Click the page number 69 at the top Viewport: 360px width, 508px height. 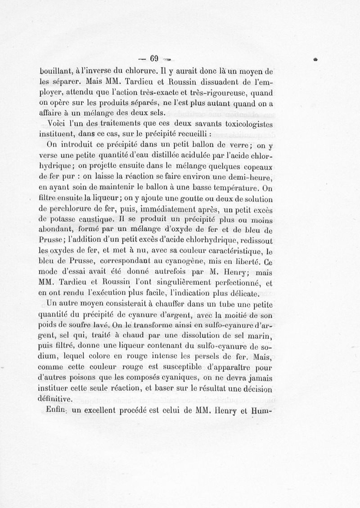(154, 58)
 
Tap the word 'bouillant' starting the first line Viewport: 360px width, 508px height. (54, 71)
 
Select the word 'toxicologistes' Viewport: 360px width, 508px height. (250, 123)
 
